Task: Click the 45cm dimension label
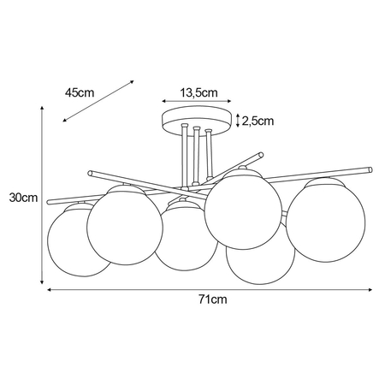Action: coord(79,92)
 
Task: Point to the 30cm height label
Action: coord(24,198)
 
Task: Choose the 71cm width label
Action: coord(211,300)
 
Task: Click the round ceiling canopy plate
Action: coord(197,121)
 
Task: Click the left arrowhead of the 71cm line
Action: coord(50,290)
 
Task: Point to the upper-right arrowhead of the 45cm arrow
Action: coord(133,82)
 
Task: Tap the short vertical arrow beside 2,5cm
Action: coord(238,121)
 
